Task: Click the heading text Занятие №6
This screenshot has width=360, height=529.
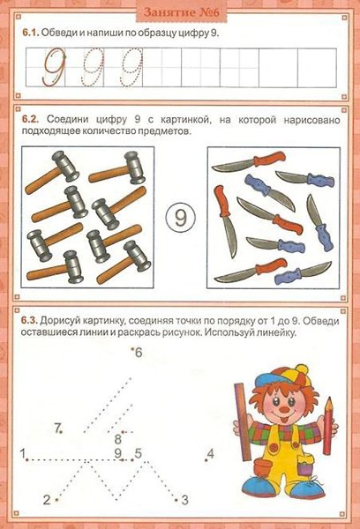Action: tap(182, 12)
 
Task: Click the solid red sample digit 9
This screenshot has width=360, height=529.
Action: tap(54, 66)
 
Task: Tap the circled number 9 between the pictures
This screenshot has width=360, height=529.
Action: tap(181, 218)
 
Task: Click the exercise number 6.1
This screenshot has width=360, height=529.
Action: tap(31, 34)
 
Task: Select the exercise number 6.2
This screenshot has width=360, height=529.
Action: tap(31, 119)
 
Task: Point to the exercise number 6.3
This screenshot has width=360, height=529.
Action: tap(30, 320)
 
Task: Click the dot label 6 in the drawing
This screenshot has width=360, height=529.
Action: tap(139, 353)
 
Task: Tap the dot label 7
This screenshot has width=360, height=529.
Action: tap(57, 428)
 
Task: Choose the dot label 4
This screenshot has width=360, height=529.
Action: tap(211, 453)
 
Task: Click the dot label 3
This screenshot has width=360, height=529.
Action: tap(184, 500)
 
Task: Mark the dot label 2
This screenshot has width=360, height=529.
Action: tap(47, 499)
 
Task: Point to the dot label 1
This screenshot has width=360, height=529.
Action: tap(23, 453)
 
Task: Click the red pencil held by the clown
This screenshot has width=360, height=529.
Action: tap(328, 426)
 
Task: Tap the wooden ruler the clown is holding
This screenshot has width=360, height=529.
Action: tap(243, 421)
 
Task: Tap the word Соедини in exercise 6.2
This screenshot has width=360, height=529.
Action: tap(68, 120)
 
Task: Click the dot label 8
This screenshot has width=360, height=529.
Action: tap(118, 439)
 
